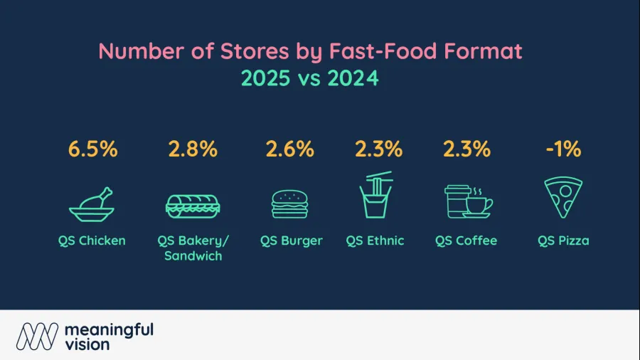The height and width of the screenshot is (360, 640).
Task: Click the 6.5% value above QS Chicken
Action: click(x=92, y=149)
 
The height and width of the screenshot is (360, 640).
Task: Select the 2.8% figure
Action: click(x=193, y=149)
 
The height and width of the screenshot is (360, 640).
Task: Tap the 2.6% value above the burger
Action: click(x=290, y=149)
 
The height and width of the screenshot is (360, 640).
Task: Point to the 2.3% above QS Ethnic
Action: click(x=378, y=149)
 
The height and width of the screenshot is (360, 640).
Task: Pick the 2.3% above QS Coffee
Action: click(x=466, y=149)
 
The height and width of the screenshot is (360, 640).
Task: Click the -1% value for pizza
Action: click(x=563, y=149)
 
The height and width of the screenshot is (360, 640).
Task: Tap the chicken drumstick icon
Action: click(x=92, y=204)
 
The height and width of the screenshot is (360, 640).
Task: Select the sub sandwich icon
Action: click(x=193, y=206)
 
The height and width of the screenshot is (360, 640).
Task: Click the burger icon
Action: click(x=290, y=204)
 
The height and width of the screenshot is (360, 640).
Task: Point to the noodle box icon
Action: click(x=375, y=195)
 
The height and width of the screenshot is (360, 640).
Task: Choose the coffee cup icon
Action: click(x=469, y=201)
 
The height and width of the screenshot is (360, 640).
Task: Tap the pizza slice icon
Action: click(x=563, y=198)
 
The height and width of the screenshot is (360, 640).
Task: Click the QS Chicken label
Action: click(x=92, y=240)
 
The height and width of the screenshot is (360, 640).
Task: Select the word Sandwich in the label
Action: click(x=193, y=256)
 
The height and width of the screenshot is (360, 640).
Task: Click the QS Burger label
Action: click(x=292, y=240)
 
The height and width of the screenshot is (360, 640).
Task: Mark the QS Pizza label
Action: click(x=563, y=240)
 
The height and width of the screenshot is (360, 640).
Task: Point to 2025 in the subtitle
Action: click(x=266, y=78)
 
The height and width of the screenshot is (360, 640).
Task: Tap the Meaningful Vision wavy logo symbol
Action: click(x=37, y=337)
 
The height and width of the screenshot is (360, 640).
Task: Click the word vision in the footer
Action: click(x=87, y=344)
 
